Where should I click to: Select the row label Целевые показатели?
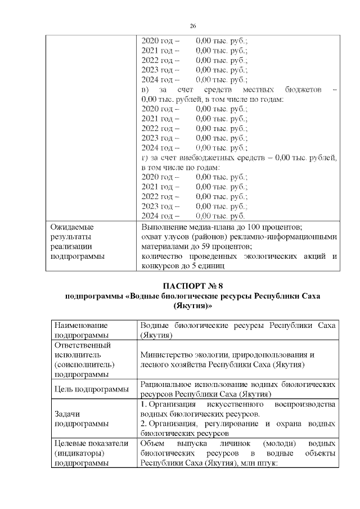click(x=88, y=444)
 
